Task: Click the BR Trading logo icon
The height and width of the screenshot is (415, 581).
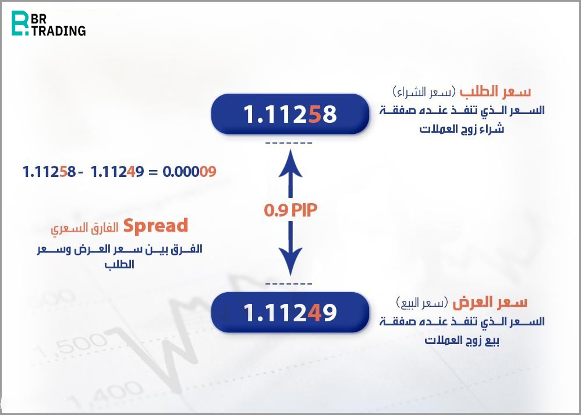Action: pyautogui.click(x=20, y=23)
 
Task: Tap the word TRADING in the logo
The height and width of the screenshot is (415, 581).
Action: pyautogui.click(x=59, y=30)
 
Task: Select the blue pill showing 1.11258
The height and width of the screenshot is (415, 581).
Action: pyautogui.click(x=290, y=113)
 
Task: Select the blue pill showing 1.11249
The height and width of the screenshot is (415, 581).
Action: pyautogui.click(x=290, y=312)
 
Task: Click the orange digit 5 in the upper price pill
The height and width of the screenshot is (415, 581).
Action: pyautogui.click(x=314, y=114)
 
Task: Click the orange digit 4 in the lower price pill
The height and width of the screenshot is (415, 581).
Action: pyautogui.click(x=314, y=313)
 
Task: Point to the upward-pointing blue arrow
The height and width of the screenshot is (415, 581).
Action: pyautogui.click(x=290, y=173)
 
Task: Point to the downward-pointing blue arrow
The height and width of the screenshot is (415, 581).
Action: pyautogui.click(x=290, y=249)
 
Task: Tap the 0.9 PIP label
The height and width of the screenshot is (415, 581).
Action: pyautogui.click(x=291, y=210)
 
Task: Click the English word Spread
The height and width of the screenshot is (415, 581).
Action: pyautogui.click(x=155, y=226)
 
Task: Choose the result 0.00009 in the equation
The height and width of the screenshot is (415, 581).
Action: pyautogui.click(x=189, y=172)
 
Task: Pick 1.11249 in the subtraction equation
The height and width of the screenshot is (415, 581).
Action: pyautogui.click(x=117, y=172)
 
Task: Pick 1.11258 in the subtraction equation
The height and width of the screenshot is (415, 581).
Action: pyautogui.click(x=49, y=172)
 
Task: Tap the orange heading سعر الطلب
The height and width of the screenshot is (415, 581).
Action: pyautogui.click(x=495, y=91)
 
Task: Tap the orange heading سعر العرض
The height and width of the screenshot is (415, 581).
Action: pyautogui.click(x=490, y=302)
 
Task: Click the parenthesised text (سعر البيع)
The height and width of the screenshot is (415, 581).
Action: pyautogui.click(x=422, y=303)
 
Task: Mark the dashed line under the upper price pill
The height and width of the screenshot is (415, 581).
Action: pyautogui.click(x=289, y=143)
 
